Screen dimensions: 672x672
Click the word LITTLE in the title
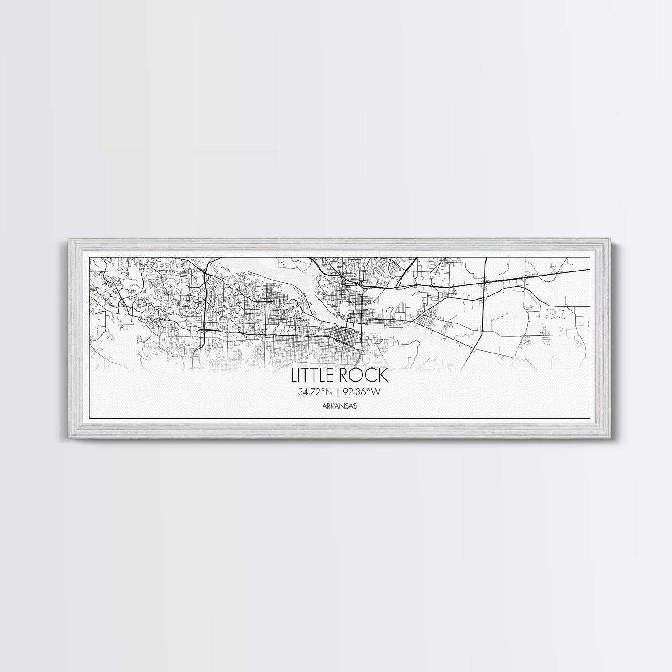click(313, 375)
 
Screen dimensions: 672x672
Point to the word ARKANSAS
click(336, 406)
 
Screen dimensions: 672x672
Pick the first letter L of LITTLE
click(294, 375)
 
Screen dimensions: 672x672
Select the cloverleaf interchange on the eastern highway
click(484, 283)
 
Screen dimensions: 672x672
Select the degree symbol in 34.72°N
click(324, 391)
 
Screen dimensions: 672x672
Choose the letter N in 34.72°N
click(329, 392)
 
